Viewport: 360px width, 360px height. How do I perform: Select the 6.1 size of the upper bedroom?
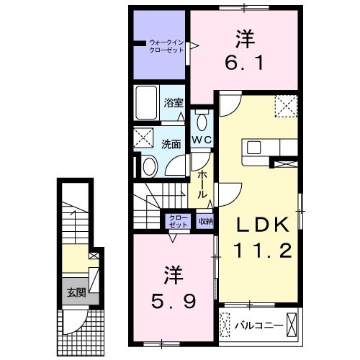[x=245, y=63]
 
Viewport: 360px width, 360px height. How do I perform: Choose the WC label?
[x=201, y=140]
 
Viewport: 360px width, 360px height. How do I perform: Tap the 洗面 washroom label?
[x=171, y=143]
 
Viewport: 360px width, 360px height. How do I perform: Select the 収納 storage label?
[x=206, y=221]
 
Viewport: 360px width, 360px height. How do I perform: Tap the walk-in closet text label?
[x=166, y=48]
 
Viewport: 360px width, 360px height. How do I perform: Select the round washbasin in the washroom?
[x=148, y=167]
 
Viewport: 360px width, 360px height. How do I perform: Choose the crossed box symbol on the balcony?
[x=292, y=325]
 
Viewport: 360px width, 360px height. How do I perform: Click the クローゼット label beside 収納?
[x=177, y=222]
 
